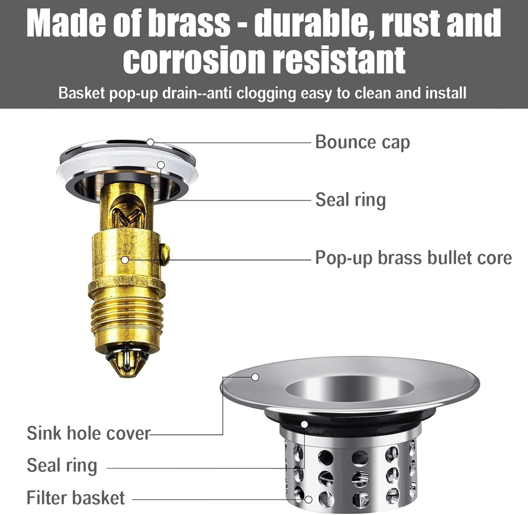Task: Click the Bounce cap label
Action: click(362, 142)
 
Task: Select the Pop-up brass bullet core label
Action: click(413, 258)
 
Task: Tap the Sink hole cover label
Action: click(88, 433)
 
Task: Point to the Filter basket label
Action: click(76, 498)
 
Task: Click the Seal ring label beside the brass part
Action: click(350, 200)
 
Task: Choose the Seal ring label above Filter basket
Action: click(62, 466)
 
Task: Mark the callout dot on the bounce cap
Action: click(150, 142)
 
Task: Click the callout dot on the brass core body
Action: click(125, 260)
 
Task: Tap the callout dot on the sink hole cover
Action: click(255, 377)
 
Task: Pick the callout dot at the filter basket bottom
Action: click(308, 499)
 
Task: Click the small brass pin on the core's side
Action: click(164, 254)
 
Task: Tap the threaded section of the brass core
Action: click(126, 317)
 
